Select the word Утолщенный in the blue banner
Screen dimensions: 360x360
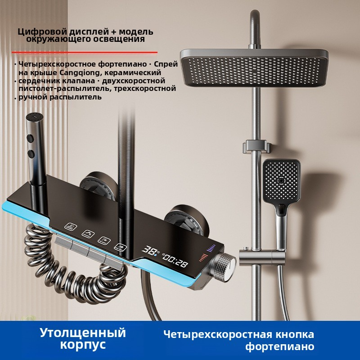82,333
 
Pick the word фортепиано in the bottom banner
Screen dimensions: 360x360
279,347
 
